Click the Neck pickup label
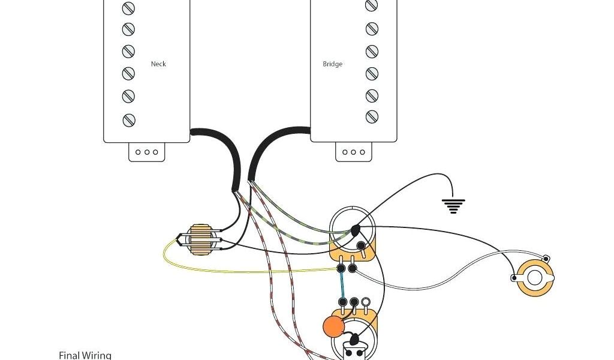coord(158,64)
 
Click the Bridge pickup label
coord(333,64)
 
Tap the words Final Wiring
coord(85,355)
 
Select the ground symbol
coord(454,206)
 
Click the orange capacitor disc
coord(333,326)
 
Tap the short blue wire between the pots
coord(342,285)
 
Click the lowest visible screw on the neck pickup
coord(128,119)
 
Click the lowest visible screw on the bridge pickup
coord(372,116)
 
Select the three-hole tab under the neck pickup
coord(146,152)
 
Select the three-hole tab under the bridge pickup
coord(353,152)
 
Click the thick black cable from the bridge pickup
coord(264,144)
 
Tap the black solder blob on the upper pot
coord(356,230)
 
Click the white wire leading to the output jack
coord(456,264)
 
